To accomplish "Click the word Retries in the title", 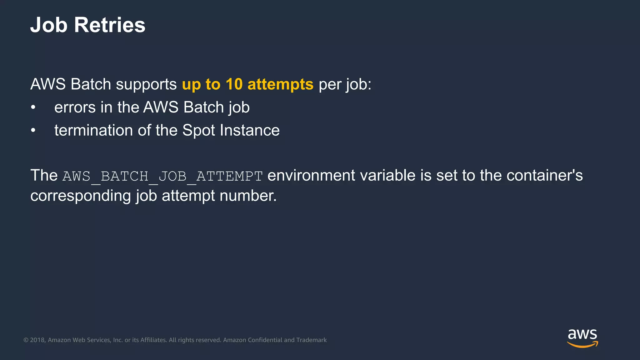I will (x=110, y=25).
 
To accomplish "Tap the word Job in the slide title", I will (x=49, y=25).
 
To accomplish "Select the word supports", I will (x=146, y=84).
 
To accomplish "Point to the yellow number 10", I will (x=234, y=84).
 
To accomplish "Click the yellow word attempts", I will (x=280, y=84).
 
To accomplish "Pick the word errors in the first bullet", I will (x=75, y=107).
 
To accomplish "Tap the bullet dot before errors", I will (x=33, y=107).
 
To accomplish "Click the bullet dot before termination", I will (x=33, y=131).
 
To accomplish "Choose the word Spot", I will (x=198, y=131).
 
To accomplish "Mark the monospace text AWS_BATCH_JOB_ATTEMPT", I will (x=162, y=176).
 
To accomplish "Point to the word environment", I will (x=311, y=175).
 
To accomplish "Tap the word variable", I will (x=387, y=175).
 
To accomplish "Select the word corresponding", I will (x=81, y=196).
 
